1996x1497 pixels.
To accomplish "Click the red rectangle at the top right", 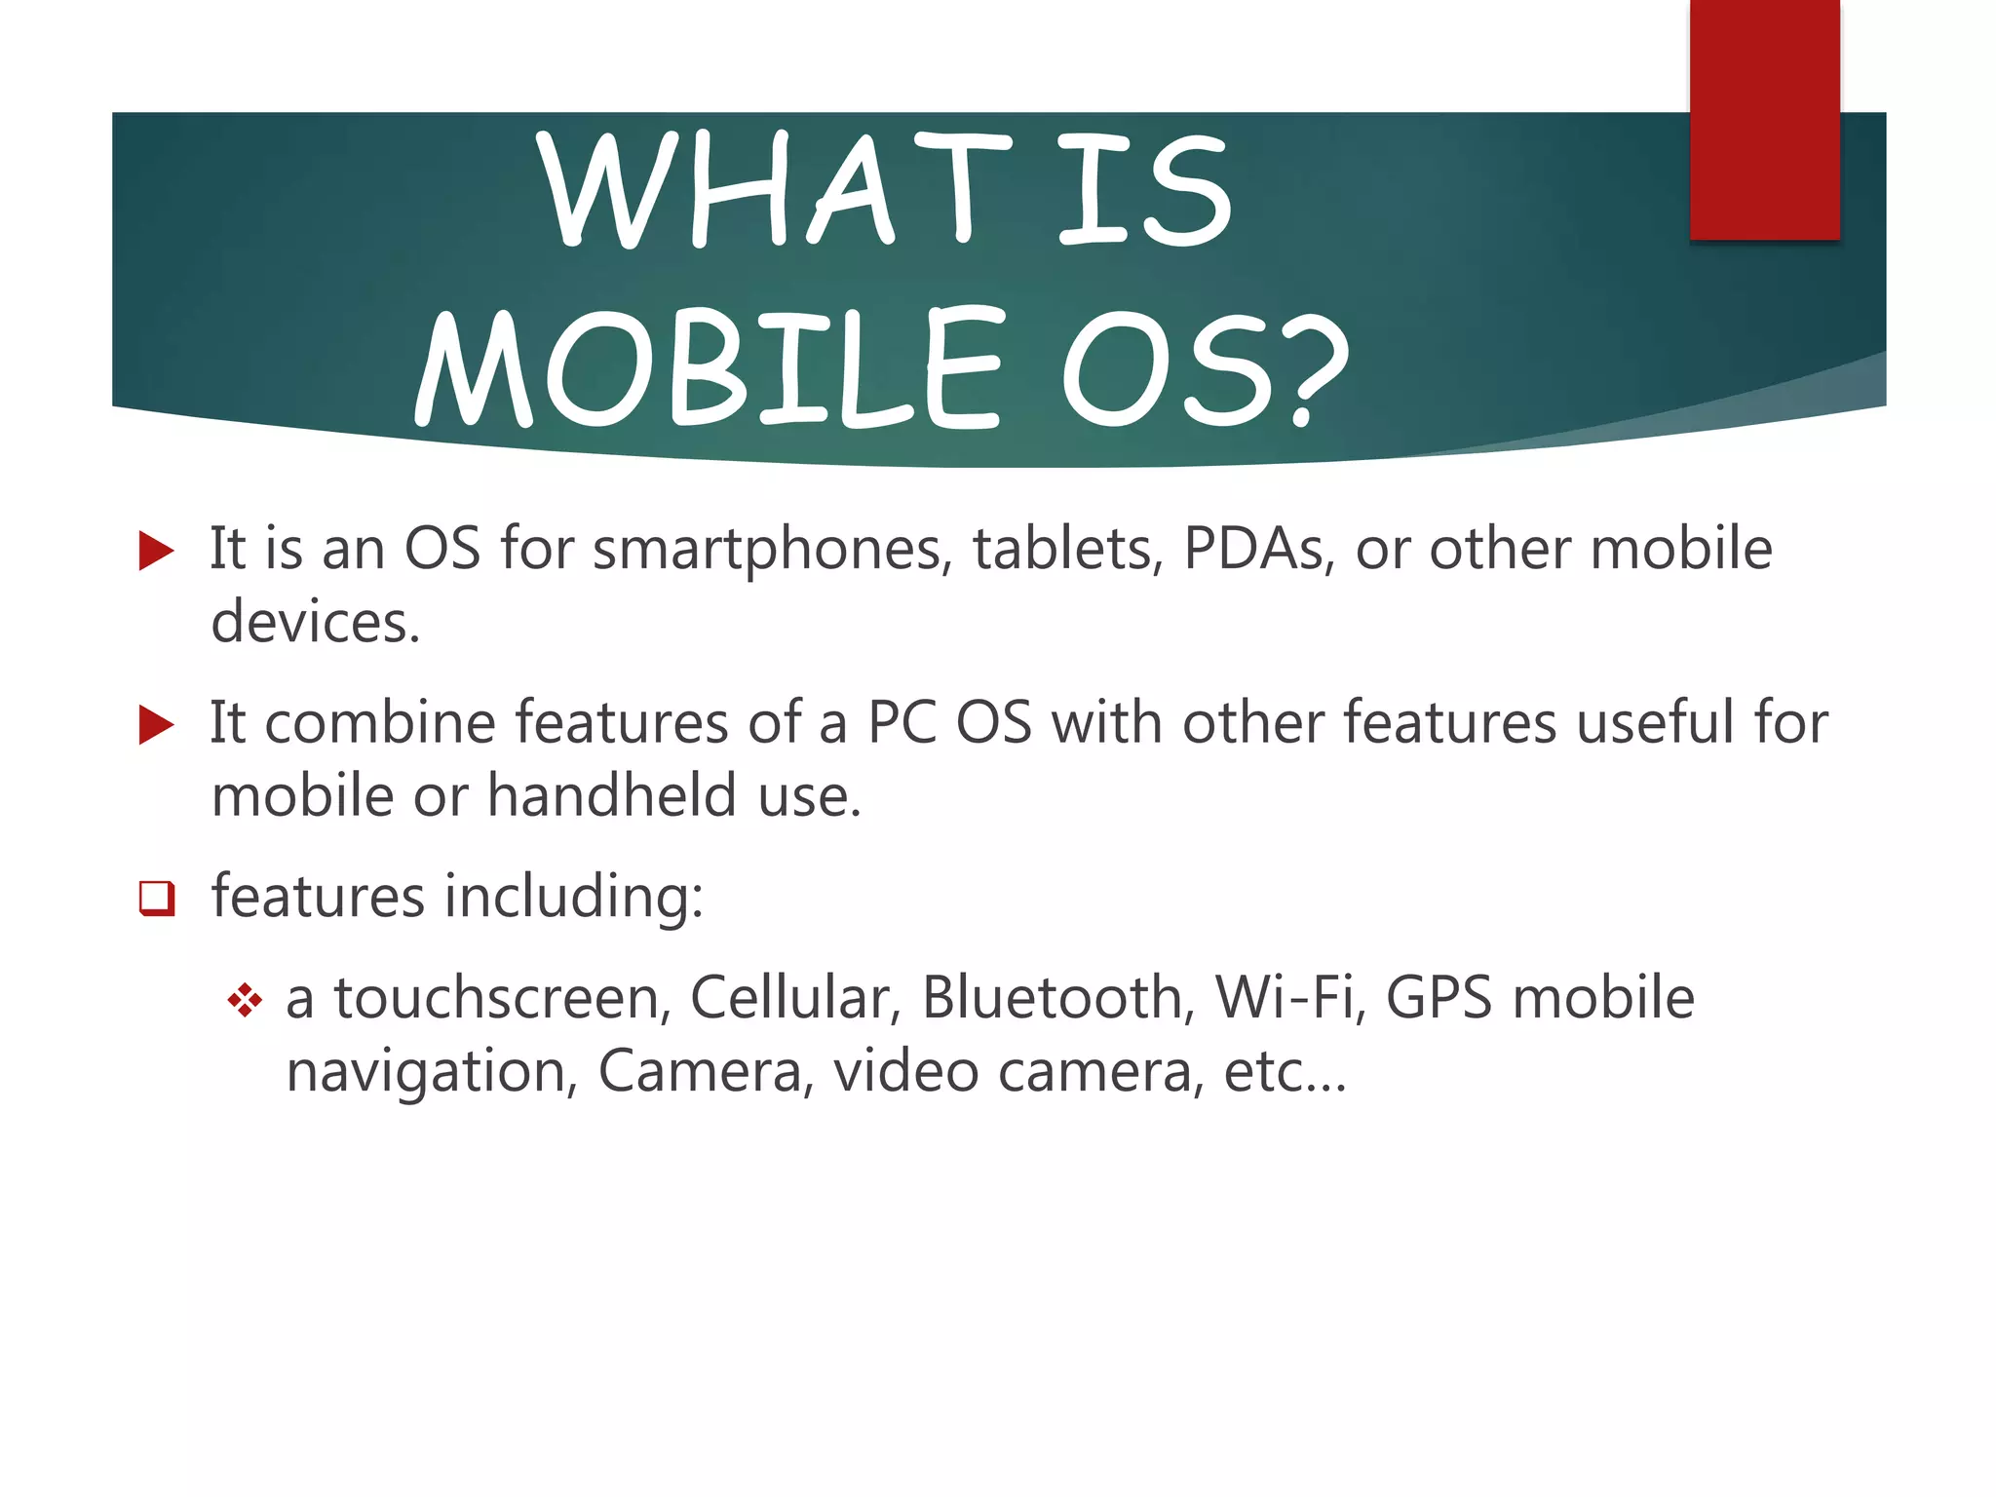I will tap(1764, 119).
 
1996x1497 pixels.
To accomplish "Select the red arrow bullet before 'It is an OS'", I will tap(156, 551).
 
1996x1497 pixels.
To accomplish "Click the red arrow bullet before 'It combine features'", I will tap(156, 725).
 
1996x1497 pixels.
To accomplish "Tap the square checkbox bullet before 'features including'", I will tap(156, 898).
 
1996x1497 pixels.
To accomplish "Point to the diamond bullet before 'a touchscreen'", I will tap(245, 1000).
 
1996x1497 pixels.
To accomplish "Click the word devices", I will tap(314, 623).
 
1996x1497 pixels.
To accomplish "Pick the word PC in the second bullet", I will tap(901, 723).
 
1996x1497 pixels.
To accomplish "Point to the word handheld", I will tap(612, 795).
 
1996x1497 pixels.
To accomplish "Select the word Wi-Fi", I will tap(1290, 998).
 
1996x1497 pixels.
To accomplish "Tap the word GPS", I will tap(1439, 998).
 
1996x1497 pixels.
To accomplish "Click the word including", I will tap(573, 898).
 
